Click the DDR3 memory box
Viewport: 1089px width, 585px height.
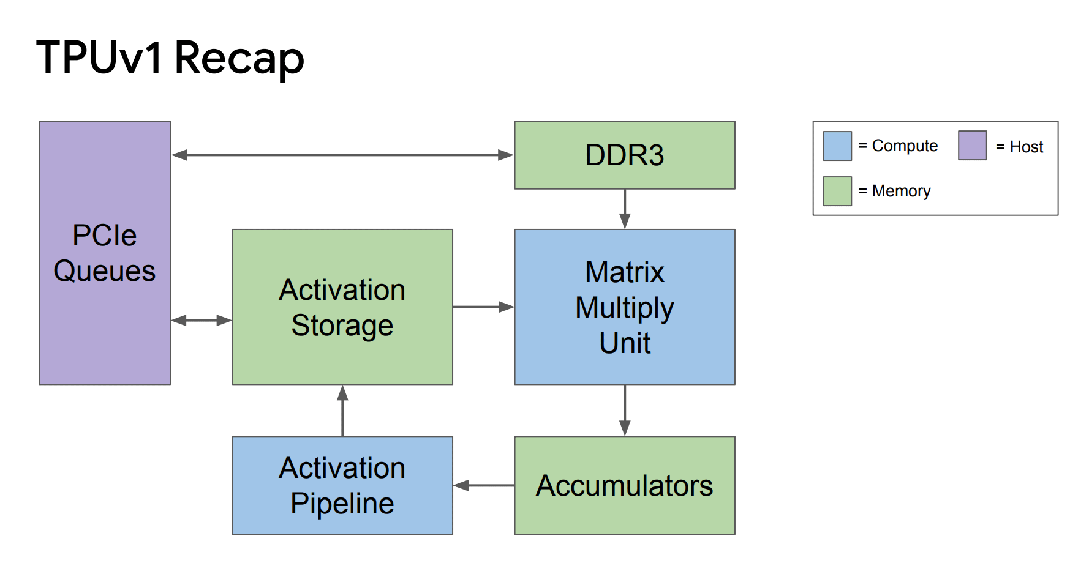tap(625, 155)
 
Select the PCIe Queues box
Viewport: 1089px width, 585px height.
tap(105, 253)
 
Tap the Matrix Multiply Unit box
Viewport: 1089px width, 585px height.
tap(625, 307)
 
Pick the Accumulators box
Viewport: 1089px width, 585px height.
tap(625, 485)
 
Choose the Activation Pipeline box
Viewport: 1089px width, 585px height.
tap(342, 485)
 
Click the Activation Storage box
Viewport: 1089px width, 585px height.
tap(342, 307)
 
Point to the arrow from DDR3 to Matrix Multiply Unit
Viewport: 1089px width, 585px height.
tap(625, 209)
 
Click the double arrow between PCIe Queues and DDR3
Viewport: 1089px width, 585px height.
tap(342, 155)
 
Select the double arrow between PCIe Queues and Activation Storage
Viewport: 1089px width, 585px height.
tap(202, 320)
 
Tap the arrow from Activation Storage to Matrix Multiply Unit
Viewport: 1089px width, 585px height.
tap(484, 307)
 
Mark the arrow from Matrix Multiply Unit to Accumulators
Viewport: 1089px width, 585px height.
tap(625, 411)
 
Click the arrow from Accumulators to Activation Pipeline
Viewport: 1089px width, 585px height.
tap(484, 485)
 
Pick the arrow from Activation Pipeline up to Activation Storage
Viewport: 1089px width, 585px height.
tap(342, 411)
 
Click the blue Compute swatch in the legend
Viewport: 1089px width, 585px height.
tap(837, 146)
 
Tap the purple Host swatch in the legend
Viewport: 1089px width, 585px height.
tap(973, 146)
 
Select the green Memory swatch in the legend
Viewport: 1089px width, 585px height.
tap(837, 191)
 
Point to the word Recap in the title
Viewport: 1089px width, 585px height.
tap(239, 59)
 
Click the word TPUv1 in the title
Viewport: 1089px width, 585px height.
tap(100, 58)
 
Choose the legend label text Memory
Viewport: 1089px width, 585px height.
tap(901, 192)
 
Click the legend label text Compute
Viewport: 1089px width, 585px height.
tap(905, 146)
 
